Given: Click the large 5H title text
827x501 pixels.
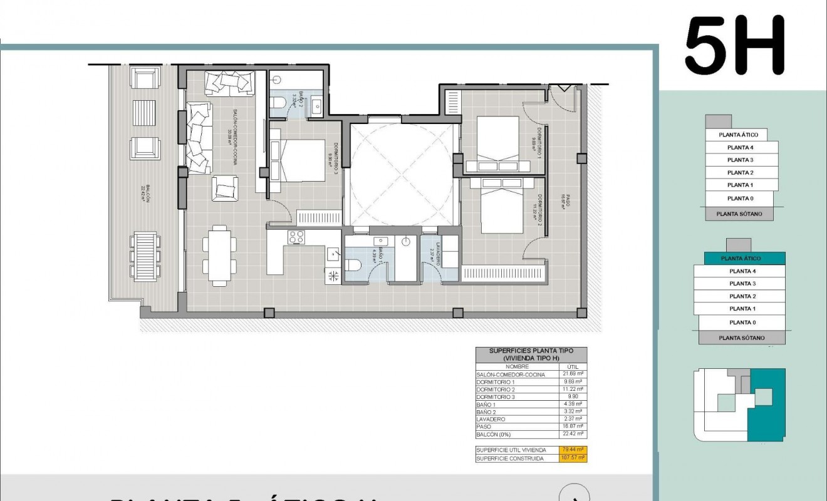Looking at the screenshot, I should pyautogui.click(x=734, y=46).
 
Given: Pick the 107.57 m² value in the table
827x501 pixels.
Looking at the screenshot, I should pyautogui.click(x=573, y=458).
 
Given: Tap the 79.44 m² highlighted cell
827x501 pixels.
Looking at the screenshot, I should pyautogui.click(x=573, y=450).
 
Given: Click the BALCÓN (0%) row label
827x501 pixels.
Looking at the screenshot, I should pyautogui.click(x=494, y=434).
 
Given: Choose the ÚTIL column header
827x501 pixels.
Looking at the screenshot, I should pyautogui.click(x=573, y=366).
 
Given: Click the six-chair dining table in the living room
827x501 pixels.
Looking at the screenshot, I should pyautogui.click(x=220, y=256).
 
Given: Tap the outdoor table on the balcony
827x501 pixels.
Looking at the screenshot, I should pyautogui.click(x=146, y=256).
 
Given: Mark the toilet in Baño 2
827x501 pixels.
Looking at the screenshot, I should pyautogui.click(x=278, y=103).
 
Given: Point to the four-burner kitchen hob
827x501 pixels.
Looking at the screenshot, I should pyautogui.click(x=296, y=237).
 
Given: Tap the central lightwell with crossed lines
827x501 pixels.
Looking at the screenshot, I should pyautogui.click(x=400, y=173).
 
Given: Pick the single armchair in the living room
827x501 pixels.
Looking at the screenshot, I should pyautogui.click(x=224, y=189).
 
